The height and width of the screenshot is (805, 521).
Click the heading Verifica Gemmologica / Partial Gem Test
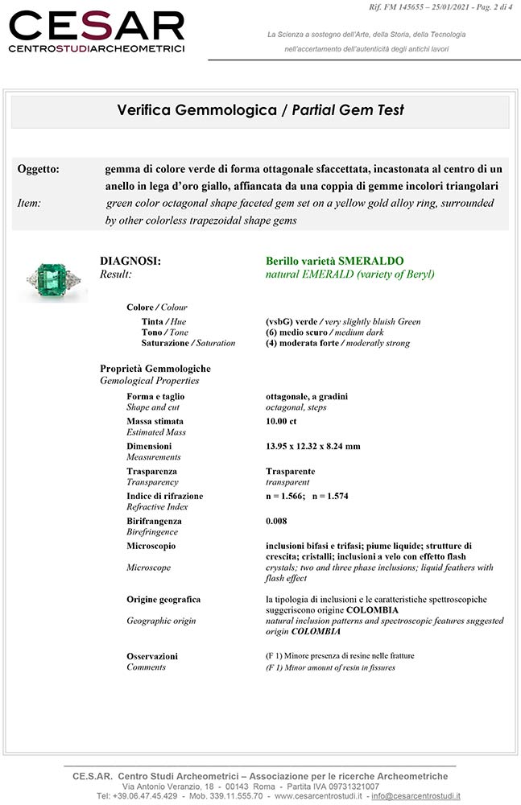coord(260,110)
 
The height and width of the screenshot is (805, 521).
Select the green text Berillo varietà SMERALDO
coord(334,261)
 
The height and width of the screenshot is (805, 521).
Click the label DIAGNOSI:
coord(130,261)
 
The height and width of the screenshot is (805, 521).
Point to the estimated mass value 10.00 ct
coord(281,421)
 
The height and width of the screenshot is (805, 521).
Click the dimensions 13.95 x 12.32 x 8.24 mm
coord(312,446)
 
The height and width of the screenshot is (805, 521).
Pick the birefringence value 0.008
coord(276,521)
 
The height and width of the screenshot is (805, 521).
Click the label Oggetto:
coord(39,169)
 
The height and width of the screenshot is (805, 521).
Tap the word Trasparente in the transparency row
coord(290,471)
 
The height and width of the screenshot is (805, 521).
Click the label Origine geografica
coord(163,599)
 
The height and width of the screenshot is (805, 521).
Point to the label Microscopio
coord(151,546)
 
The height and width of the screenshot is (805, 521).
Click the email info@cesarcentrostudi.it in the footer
coord(416,796)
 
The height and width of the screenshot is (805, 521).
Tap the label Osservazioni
coord(152,656)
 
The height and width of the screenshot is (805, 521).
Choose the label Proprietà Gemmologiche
coord(155,369)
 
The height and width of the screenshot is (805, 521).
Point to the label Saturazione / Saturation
coord(188,343)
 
